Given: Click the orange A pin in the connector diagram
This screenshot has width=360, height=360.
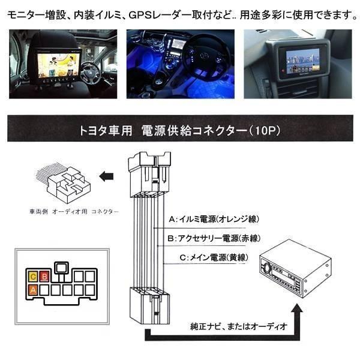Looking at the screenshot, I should pyautogui.click(x=34, y=289).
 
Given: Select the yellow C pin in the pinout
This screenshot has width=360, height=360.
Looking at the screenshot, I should pyautogui.click(x=34, y=277).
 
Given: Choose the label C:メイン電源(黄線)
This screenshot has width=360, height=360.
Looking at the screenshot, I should pyautogui.click(x=209, y=257).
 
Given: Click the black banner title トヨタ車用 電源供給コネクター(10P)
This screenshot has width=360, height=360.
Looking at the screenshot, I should pyautogui.click(x=180, y=129).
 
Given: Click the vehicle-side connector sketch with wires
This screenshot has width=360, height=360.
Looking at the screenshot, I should pyautogui.click(x=64, y=181).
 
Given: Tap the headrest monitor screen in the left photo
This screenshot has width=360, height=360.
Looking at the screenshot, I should pyautogui.click(x=55, y=64).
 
